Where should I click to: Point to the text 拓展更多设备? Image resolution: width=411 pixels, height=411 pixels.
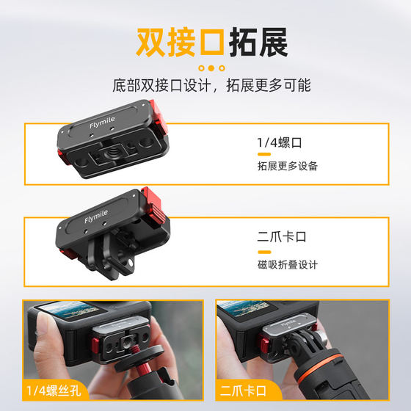[x=287, y=166]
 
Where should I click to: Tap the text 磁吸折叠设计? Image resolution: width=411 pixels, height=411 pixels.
[x=287, y=263]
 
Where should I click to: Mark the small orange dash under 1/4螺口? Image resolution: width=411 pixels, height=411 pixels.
[x=262, y=154]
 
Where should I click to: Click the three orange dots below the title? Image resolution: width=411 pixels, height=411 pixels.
[x=211, y=68]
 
